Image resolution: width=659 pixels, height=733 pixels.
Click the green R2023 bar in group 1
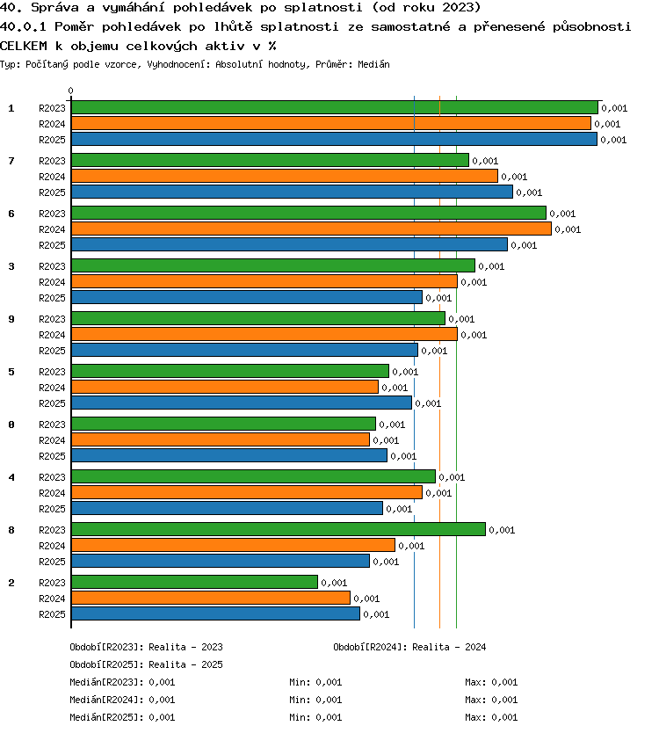pyautogui.click(x=335, y=107)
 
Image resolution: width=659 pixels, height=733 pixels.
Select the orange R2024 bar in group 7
pyautogui.click(x=285, y=177)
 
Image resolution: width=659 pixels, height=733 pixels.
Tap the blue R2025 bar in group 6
pyautogui.click(x=289, y=244)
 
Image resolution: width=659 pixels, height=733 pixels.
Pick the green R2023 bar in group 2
pyautogui.click(x=194, y=582)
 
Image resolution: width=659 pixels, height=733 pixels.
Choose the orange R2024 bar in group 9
pyautogui.click(x=264, y=334)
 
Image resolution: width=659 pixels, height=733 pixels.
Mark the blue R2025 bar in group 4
pyautogui.click(x=228, y=508)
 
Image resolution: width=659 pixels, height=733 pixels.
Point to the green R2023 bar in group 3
pyautogui.click(x=273, y=265)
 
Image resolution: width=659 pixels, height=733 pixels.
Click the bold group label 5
pyautogui.click(x=11, y=372)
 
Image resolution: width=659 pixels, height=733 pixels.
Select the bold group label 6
pyautogui.click(x=11, y=214)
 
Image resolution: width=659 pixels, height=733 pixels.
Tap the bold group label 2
pyautogui.click(x=11, y=583)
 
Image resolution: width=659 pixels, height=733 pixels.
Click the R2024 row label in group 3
pyautogui.click(x=52, y=282)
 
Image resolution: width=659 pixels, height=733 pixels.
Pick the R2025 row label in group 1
pyautogui.click(x=52, y=140)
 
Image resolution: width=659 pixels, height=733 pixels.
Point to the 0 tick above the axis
pyautogui.click(x=70, y=91)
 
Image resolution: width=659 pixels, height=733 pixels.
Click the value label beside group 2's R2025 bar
pyautogui.click(x=376, y=614)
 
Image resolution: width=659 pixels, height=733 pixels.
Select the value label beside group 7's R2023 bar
pyautogui.click(x=485, y=161)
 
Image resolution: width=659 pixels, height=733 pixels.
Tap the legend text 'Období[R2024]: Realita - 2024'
pyautogui.click(x=409, y=647)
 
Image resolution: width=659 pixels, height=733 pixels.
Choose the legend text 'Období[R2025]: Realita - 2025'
pyautogui.click(x=146, y=664)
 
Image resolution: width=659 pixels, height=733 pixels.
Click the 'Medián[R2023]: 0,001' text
pyautogui.click(x=122, y=682)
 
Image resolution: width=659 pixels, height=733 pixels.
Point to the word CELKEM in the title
pyautogui.click(x=24, y=46)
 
